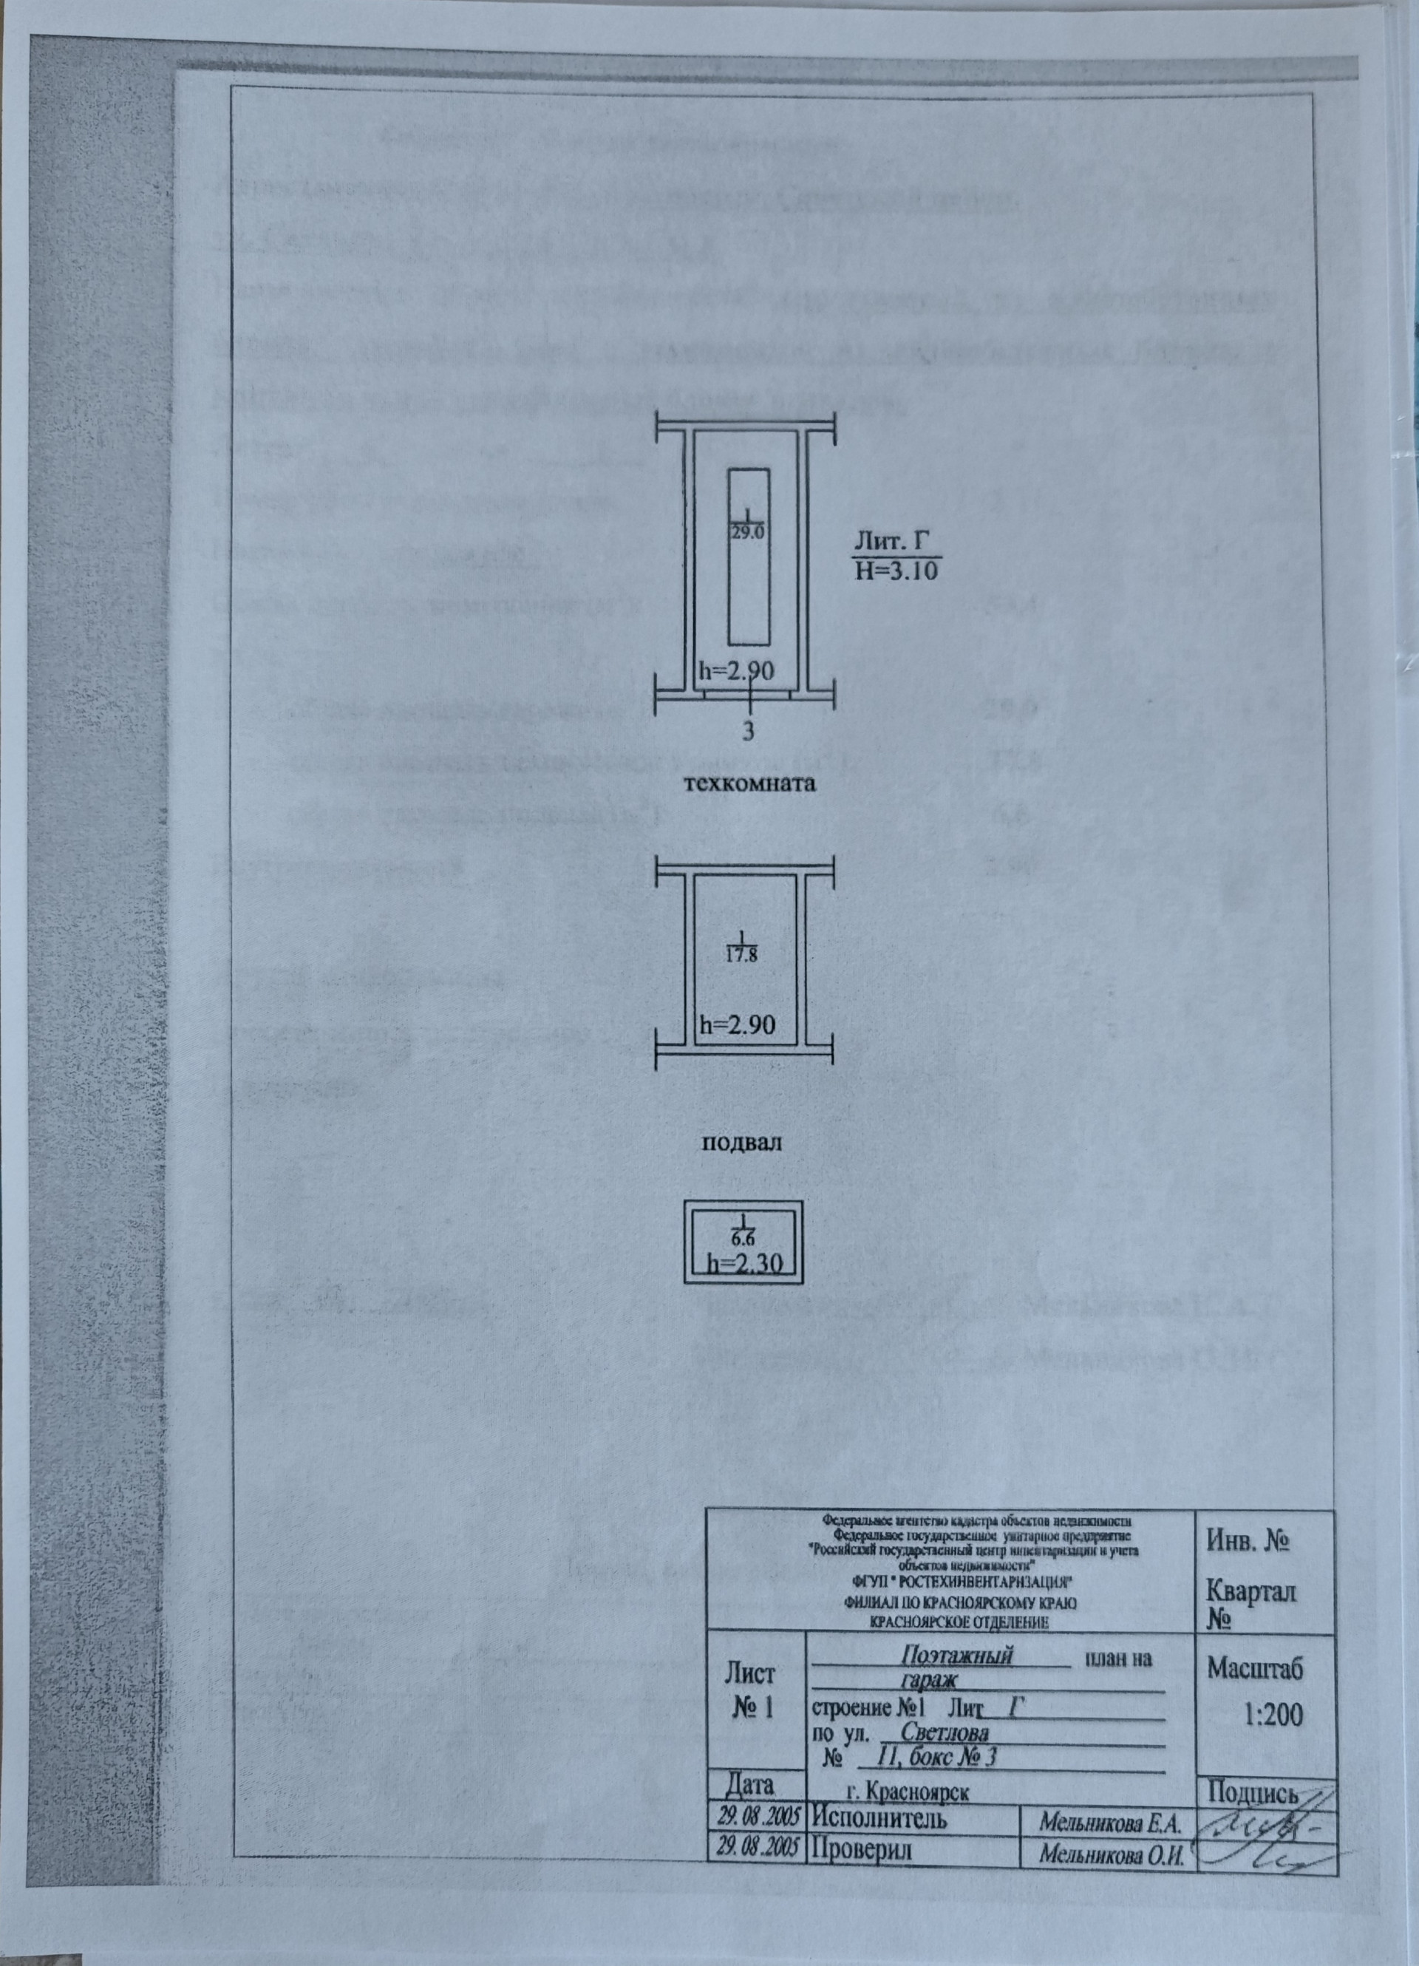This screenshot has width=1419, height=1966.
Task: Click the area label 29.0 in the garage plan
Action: coord(746,532)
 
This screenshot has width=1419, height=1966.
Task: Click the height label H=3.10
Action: coord(896,571)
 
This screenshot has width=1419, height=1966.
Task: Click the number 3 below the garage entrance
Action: coord(746,731)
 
